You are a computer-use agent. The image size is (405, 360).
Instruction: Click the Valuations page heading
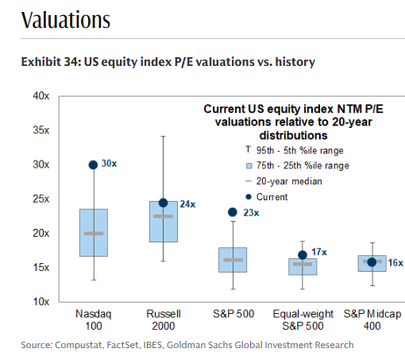66,20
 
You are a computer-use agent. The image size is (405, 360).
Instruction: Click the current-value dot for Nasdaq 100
94,165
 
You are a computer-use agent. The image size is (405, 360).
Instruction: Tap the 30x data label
110,165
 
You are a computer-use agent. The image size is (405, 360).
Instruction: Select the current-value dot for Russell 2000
163,203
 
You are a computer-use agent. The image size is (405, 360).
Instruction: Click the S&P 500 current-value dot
233,212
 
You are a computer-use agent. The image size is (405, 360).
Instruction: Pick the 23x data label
250,212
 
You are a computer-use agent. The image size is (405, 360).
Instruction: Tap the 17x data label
318,252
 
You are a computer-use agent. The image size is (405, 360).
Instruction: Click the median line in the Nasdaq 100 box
94,233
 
